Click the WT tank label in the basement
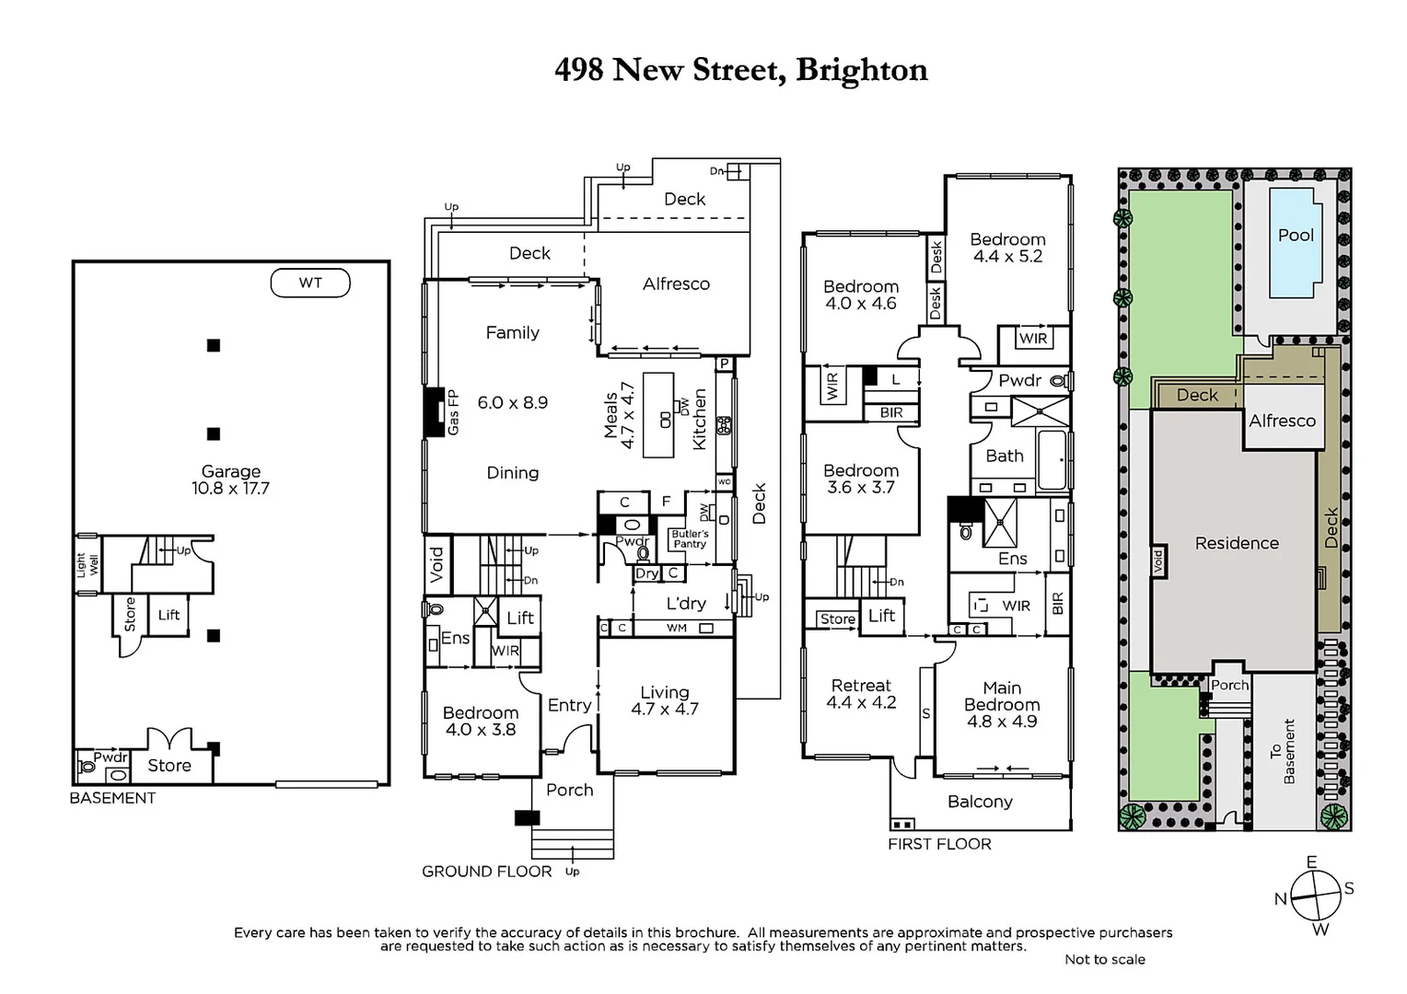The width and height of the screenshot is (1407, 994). [310, 283]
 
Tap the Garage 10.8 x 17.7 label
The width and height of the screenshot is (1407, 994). [230, 480]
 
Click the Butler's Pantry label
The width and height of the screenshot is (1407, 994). [690, 538]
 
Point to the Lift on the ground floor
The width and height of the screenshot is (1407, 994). [519, 618]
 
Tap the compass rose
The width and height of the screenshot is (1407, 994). [1314, 895]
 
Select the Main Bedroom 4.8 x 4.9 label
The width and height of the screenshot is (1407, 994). [1002, 704]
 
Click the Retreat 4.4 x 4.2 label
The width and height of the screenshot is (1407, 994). [861, 693]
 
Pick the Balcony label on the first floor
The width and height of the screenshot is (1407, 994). [980, 802]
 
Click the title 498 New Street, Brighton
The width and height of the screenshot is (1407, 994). [740, 70]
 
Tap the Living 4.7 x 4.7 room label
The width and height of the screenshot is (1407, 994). [664, 700]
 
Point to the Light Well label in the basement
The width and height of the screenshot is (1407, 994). [87, 565]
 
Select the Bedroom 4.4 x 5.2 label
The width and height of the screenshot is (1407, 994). [1007, 248]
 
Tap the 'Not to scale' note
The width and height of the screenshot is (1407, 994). [1104, 959]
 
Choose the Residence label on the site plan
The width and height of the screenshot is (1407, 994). [1236, 543]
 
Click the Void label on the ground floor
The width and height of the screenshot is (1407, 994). [437, 562]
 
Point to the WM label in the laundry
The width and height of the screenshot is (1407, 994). [677, 628]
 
